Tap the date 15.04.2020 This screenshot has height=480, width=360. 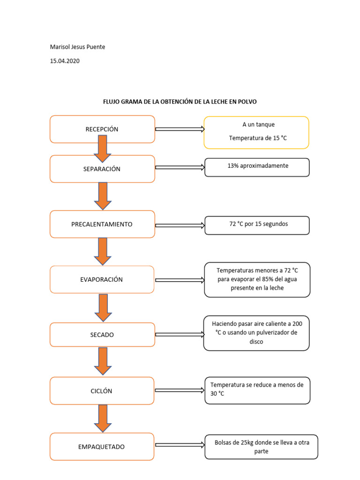[x=65, y=61]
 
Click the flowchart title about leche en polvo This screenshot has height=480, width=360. [x=180, y=102]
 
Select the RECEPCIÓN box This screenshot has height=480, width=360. [x=102, y=129]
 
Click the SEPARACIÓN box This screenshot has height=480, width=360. [x=102, y=169]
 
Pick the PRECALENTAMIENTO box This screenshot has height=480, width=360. [x=102, y=224]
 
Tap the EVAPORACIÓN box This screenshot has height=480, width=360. [x=102, y=279]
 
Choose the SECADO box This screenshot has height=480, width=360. [x=102, y=335]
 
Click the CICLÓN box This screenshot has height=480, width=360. [x=102, y=390]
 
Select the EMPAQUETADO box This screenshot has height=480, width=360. [x=102, y=446]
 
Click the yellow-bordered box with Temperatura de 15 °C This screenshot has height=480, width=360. [x=256, y=132]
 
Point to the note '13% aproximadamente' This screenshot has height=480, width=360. [x=257, y=167]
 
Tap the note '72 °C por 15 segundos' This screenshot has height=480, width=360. [x=257, y=225]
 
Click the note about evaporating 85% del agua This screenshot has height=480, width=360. [x=257, y=279]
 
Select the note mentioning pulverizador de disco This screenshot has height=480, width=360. [x=256, y=333]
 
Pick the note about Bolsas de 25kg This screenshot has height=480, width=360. [x=261, y=447]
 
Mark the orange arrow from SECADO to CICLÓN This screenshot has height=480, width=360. [x=103, y=361]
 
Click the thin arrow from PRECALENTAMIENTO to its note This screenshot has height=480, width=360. [x=180, y=225]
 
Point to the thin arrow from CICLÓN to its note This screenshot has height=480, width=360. [x=180, y=390]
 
